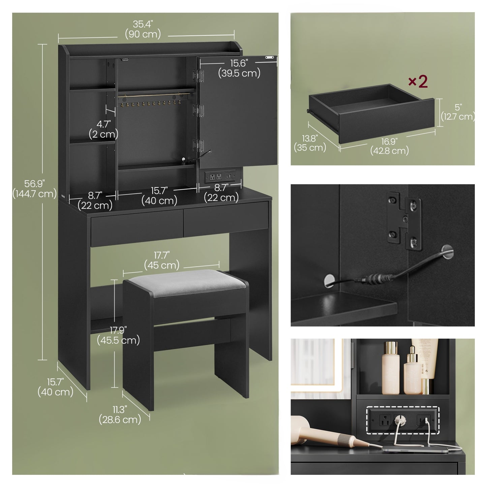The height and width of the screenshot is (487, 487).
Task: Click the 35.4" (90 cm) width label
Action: click(x=143, y=29)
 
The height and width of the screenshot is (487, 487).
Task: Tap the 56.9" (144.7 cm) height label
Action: click(x=34, y=189)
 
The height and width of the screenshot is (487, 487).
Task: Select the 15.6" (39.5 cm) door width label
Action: click(x=239, y=68)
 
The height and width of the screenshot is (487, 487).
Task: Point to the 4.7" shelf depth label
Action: click(x=103, y=129)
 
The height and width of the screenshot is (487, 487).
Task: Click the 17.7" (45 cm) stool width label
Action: click(x=162, y=260)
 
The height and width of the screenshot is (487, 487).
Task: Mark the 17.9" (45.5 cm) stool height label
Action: click(x=118, y=335)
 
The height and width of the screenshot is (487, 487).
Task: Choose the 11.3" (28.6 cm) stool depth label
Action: click(x=120, y=415)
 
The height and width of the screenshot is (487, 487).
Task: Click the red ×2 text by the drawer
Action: click(x=418, y=82)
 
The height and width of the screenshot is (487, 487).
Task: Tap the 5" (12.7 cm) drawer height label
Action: click(x=458, y=112)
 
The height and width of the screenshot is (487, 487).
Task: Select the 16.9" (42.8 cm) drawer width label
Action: click(x=389, y=146)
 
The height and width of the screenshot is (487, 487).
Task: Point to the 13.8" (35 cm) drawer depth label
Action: click(x=310, y=143)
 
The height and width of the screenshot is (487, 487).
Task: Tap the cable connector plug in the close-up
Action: click(x=374, y=279)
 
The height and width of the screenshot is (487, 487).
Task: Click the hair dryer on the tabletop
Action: click(x=324, y=435)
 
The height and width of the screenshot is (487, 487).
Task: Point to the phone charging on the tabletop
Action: click(x=415, y=449)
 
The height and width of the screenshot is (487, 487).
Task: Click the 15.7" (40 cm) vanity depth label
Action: click(x=55, y=387)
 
